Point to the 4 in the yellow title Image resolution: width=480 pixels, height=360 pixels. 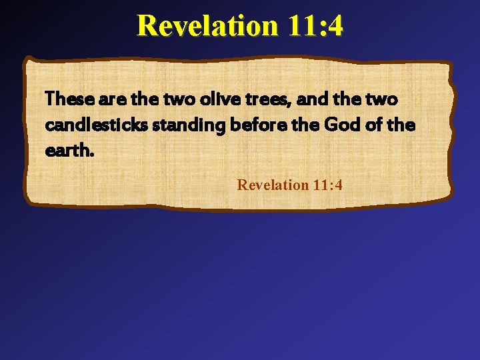point(335,26)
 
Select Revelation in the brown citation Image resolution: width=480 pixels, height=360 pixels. point(272,185)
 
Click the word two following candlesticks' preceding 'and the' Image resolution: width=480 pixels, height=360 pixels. point(383,100)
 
